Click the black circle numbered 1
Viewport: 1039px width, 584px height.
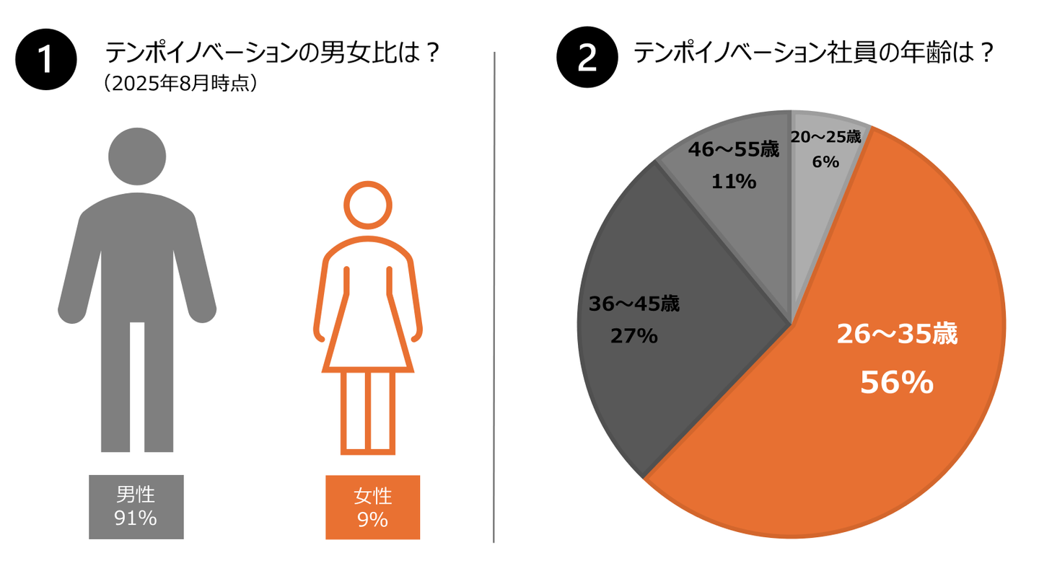coord(46,59)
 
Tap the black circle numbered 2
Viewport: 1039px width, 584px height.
coord(587,59)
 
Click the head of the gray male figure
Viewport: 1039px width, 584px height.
coord(137,156)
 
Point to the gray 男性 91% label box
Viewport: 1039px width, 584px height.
coord(136,507)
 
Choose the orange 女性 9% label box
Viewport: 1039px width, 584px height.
coord(372,508)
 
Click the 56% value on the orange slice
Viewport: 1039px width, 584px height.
coord(897,384)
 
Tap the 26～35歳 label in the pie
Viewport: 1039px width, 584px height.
coord(897,335)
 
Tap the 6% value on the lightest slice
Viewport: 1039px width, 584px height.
coord(825,163)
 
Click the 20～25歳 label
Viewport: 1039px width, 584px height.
coord(825,137)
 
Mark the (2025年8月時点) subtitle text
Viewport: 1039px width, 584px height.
coord(180,84)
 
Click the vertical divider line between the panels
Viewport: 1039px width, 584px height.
coord(494,296)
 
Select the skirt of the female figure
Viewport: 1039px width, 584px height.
coord(367,335)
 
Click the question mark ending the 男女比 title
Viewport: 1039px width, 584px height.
coord(431,54)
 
